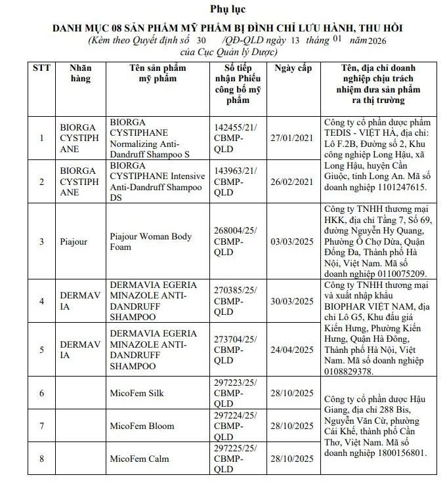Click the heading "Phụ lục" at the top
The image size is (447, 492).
click(x=223, y=9)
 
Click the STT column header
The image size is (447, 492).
click(x=41, y=68)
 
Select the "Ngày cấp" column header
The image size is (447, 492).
click(x=293, y=68)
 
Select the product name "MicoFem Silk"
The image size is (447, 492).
click(x=137, y=393)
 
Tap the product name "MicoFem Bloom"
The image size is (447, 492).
click(x=142, y=426)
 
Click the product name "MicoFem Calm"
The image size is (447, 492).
click(x=138, y=458)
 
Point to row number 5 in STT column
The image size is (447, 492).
click(x=41, y=350)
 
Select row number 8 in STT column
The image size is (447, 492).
click(x=41, y=458)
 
